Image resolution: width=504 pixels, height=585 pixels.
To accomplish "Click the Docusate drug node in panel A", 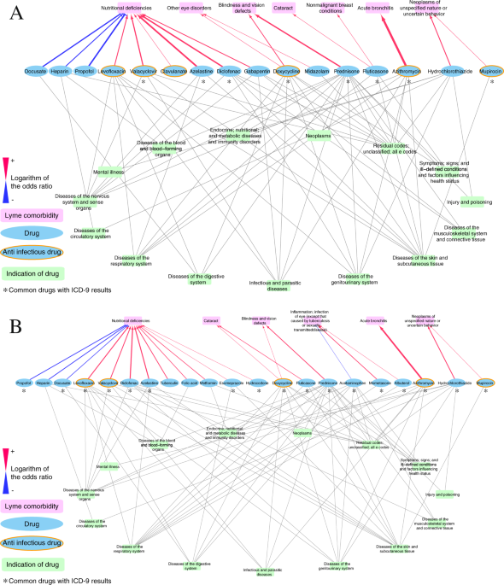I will tap(36, 72).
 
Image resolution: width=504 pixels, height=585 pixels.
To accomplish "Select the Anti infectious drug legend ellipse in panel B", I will tap(38, 541).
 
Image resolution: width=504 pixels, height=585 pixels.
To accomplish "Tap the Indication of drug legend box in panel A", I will tap(38, 273).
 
